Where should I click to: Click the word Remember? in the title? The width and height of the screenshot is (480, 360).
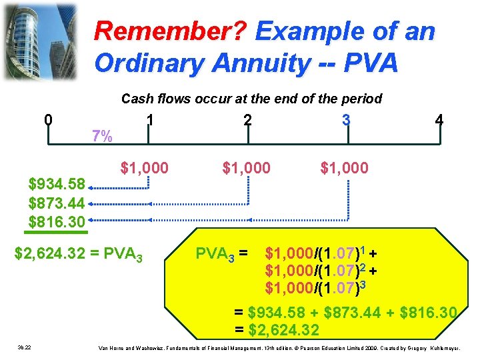click(171, 31)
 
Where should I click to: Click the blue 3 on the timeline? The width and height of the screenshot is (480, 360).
click(345, 120)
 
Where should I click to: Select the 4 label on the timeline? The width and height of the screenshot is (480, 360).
click(439, 121)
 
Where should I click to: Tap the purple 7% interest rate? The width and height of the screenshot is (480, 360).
click(102, 136)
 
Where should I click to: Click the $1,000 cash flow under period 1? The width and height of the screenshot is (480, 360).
click(144, 167)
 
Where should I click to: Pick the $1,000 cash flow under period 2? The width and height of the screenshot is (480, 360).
click(247, 167)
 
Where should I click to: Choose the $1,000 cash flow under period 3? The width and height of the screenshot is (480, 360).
click(344, 167)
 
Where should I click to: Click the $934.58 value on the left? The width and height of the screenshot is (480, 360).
click(57, 184)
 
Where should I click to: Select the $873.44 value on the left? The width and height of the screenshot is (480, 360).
click(57, 203)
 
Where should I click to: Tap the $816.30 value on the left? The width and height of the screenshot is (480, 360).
click(57, 221)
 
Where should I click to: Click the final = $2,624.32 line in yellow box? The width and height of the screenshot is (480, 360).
click(277, 330)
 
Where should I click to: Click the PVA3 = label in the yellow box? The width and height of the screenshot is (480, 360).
click(221, 254)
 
